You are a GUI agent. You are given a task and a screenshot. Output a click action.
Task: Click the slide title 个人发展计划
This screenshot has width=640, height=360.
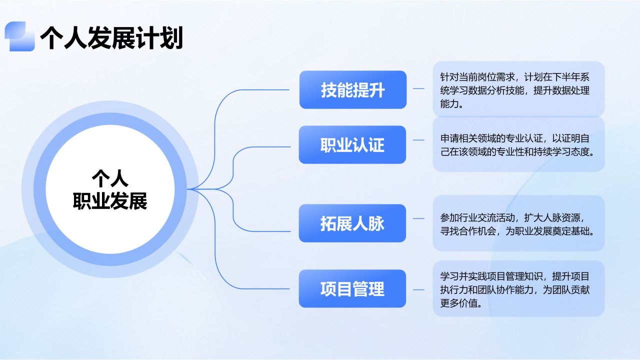coord(111,37)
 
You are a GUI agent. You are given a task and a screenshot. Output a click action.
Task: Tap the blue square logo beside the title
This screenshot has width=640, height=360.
coord(19,36)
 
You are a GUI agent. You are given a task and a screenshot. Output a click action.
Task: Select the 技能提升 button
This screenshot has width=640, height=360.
coord(353,89)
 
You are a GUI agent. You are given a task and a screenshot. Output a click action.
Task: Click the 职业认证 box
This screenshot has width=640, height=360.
coord(352,144)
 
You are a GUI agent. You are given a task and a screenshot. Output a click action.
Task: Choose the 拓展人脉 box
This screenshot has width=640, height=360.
coord(352,223)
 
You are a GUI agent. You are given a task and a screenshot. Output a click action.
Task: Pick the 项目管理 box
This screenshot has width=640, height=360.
coord(352,288)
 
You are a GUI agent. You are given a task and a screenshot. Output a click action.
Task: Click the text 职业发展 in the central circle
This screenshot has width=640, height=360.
coord(110,201)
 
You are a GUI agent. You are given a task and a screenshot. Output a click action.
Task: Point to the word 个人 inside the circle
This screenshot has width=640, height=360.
coord(110,178)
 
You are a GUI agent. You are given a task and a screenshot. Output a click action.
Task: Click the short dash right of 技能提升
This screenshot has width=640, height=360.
coord(418,88)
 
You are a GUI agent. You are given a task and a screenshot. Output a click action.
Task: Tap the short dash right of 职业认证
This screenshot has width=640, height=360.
coord(418,140)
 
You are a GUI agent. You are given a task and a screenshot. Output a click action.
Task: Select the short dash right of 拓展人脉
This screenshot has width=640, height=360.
coord(418,218)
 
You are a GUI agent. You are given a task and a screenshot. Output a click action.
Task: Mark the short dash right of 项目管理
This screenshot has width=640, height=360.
coord(418,290)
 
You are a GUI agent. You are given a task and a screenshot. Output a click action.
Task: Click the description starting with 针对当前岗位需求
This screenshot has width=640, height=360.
coord(515,90)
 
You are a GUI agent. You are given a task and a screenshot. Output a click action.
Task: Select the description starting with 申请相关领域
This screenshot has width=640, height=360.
coord(517,145)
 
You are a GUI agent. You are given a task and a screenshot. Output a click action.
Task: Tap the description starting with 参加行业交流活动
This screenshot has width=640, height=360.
coord(517,224)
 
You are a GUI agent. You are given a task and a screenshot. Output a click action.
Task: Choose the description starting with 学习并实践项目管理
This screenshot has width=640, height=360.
coord(515,289)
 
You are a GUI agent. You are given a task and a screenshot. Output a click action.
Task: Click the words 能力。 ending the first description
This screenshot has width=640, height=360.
coord(451,103)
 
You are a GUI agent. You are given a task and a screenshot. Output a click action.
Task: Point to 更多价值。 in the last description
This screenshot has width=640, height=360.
coord(461,303)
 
